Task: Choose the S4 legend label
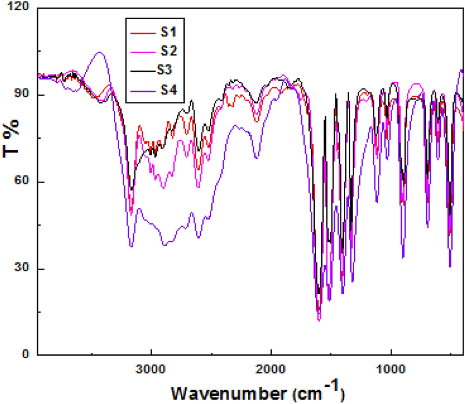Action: (168, 90)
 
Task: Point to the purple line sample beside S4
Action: (142, 90)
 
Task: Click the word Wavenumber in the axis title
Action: (229, 393)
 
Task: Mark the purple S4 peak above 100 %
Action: (100, 52)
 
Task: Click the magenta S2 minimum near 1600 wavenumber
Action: (319, 320)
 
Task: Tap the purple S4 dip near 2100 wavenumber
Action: (257, 158)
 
